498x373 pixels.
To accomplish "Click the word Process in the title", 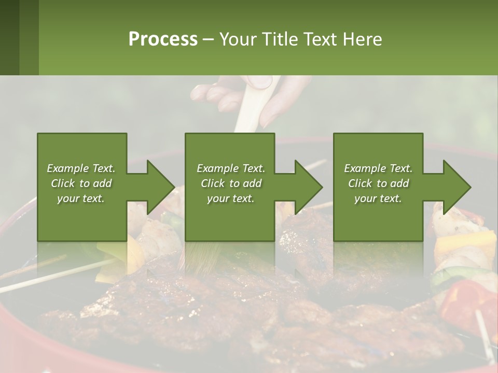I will [x=163, y=39].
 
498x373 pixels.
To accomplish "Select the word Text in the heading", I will [x=321, y=39].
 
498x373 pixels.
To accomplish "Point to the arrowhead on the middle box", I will [x=308, y=187].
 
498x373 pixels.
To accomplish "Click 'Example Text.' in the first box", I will [x=81, y=168].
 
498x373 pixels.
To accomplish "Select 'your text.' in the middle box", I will [x=230, y=198].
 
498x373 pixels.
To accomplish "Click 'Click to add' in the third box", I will [x=378, y=183].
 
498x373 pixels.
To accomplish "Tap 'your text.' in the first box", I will [x=81, y=198].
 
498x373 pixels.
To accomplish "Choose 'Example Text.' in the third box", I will [x=378, y=168].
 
